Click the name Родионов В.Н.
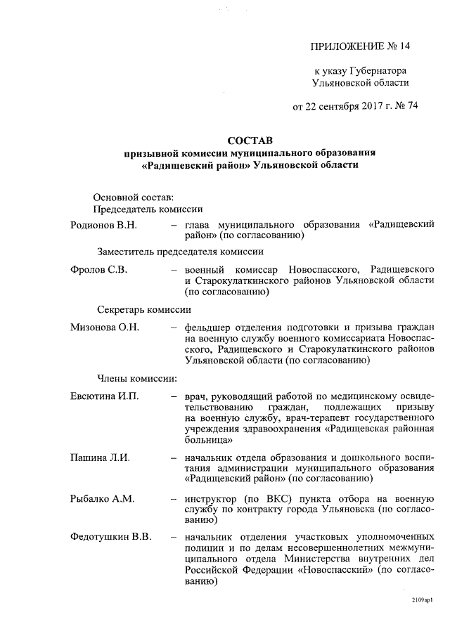tap(103, 224)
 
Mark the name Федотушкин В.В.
tap(111, 538)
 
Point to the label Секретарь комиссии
tap(143, 309)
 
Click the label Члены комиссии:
tap(136, 379)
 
